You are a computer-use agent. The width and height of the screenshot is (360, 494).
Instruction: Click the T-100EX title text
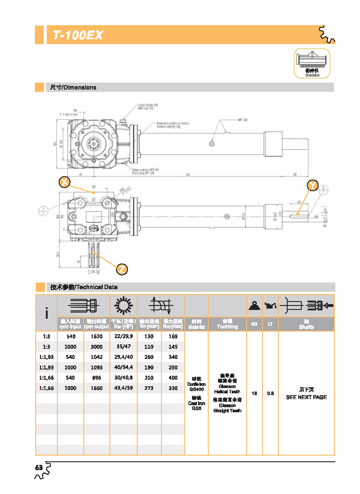78,35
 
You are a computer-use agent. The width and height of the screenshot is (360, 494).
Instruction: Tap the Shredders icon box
312,64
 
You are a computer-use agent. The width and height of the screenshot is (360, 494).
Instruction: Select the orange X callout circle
64,182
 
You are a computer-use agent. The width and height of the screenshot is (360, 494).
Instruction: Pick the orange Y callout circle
312,186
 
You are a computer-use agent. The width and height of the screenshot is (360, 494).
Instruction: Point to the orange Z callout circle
122,268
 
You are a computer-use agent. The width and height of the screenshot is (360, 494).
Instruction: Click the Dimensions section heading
73,87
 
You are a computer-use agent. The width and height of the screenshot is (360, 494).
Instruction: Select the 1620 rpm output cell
96,336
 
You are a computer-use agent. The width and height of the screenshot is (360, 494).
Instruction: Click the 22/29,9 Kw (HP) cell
123,336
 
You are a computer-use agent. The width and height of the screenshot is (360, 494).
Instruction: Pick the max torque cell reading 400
173,378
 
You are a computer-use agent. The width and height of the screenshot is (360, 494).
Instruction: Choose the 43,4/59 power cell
123,388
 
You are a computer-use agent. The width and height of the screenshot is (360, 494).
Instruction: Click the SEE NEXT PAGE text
306,397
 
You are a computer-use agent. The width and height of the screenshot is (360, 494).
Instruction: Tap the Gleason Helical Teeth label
227,389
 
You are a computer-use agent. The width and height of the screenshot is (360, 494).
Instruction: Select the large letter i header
47,313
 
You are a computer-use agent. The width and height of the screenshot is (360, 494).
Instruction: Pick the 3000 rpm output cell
96,347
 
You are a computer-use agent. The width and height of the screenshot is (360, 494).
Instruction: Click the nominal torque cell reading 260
149,357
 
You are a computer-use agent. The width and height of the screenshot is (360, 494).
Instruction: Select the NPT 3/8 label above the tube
242,120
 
